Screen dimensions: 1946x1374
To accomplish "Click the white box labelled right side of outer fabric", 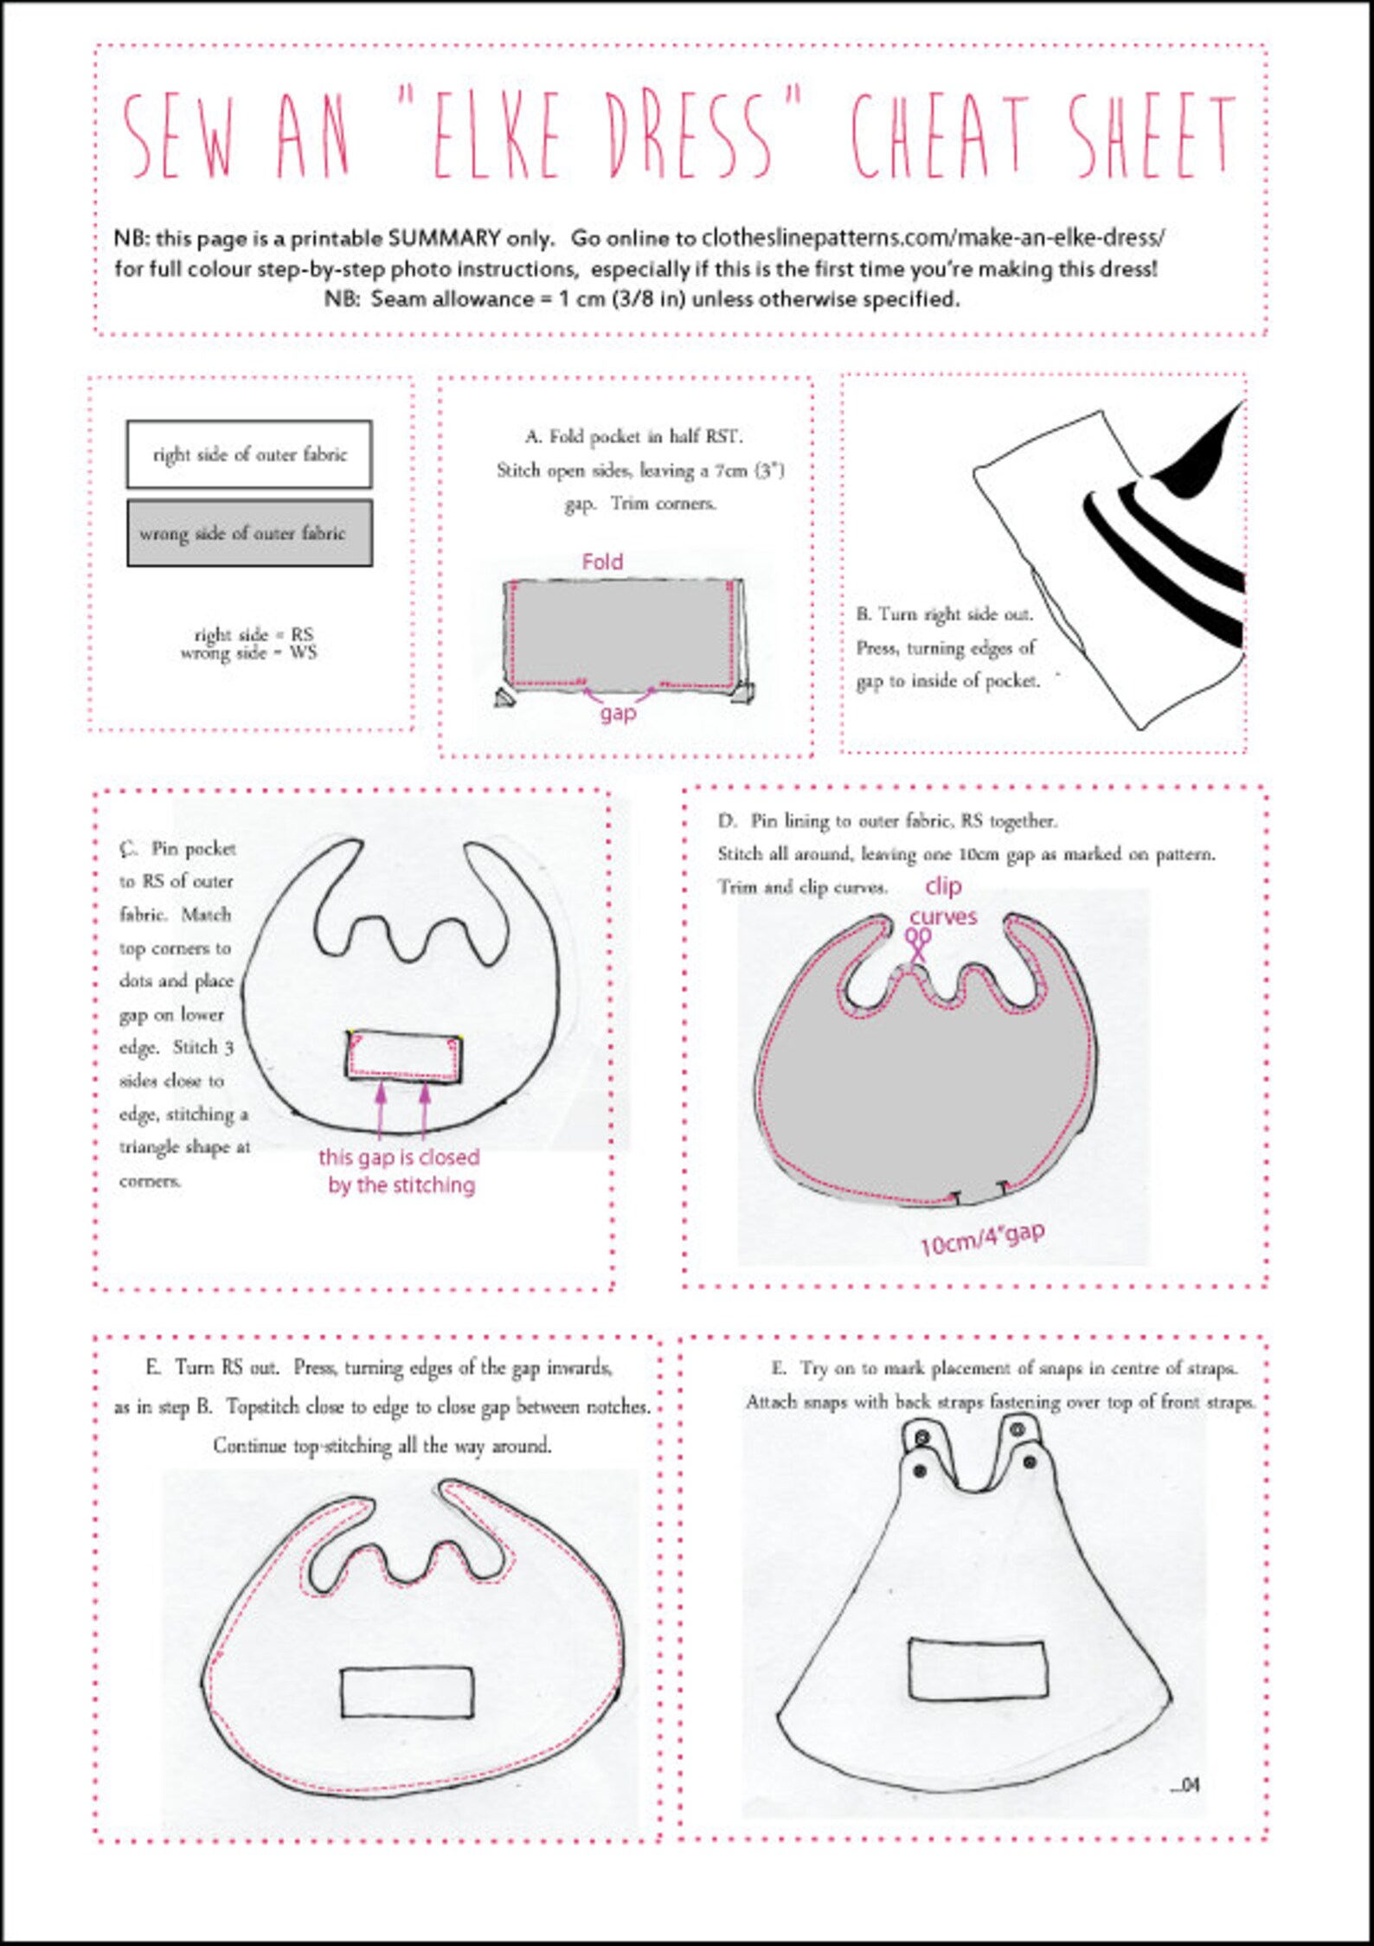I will [x=249, y=455].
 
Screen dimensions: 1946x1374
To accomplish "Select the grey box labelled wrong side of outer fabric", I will [x=249, y=533].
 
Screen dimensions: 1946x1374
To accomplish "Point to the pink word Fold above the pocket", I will [x=602, y=562].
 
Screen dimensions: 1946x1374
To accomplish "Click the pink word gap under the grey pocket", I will [x=618, y=713].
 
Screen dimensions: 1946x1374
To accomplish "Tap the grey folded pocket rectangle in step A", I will [x=623, y=632].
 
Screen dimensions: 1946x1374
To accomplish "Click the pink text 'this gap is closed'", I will [x=399, y=1158].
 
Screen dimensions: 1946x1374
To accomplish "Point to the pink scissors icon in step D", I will [x=918, y=943].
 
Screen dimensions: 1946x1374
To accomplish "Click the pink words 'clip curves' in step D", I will [x=942, y=901].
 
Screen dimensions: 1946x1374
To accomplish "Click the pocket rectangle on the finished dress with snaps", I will [x=977, y=1668].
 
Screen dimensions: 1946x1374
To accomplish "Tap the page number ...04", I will [x=1185, y=1784].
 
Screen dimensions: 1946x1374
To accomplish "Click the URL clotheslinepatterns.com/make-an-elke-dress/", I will [x=933, y=237].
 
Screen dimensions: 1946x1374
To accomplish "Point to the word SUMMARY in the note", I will [x=444, y=238].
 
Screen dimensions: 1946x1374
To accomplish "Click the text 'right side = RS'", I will [x=253, y=634].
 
